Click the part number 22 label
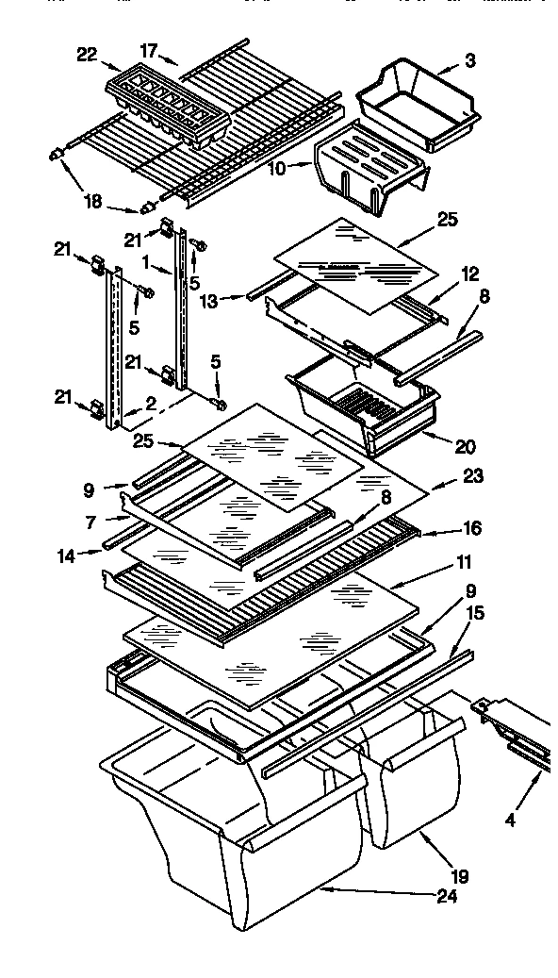(x=87, y=56)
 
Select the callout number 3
(x=469, y=61)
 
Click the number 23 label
(x=472, y=477)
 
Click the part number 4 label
(x=510, y=820)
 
